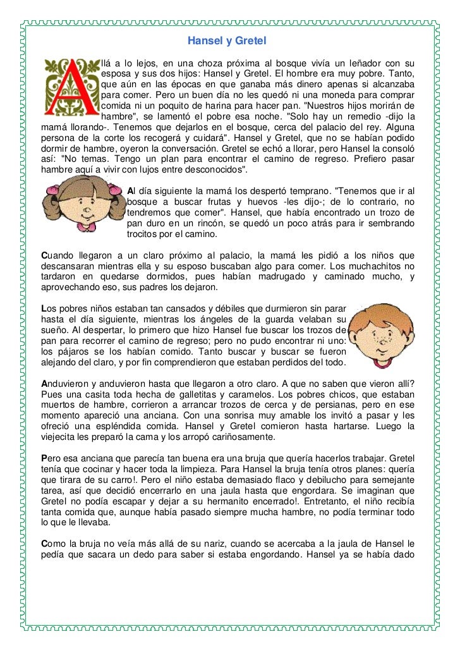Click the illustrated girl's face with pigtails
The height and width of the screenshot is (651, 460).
pos(82,209)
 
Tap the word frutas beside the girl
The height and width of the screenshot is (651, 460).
pos(205,202)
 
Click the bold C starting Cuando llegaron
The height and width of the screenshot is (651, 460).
pos(44,255)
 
